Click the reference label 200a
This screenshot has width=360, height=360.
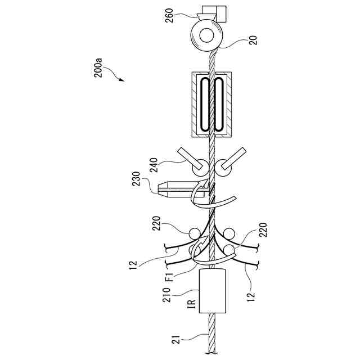(x=98, y=68)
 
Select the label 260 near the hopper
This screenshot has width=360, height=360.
(x=169, y=15)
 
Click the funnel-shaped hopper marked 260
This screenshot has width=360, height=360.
(x=206, y=16)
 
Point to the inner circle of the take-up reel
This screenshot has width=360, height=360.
(x=206, y=35)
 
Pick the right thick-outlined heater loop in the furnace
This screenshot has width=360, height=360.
(x=218, y=105)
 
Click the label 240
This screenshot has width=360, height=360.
(x=154, y=165)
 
